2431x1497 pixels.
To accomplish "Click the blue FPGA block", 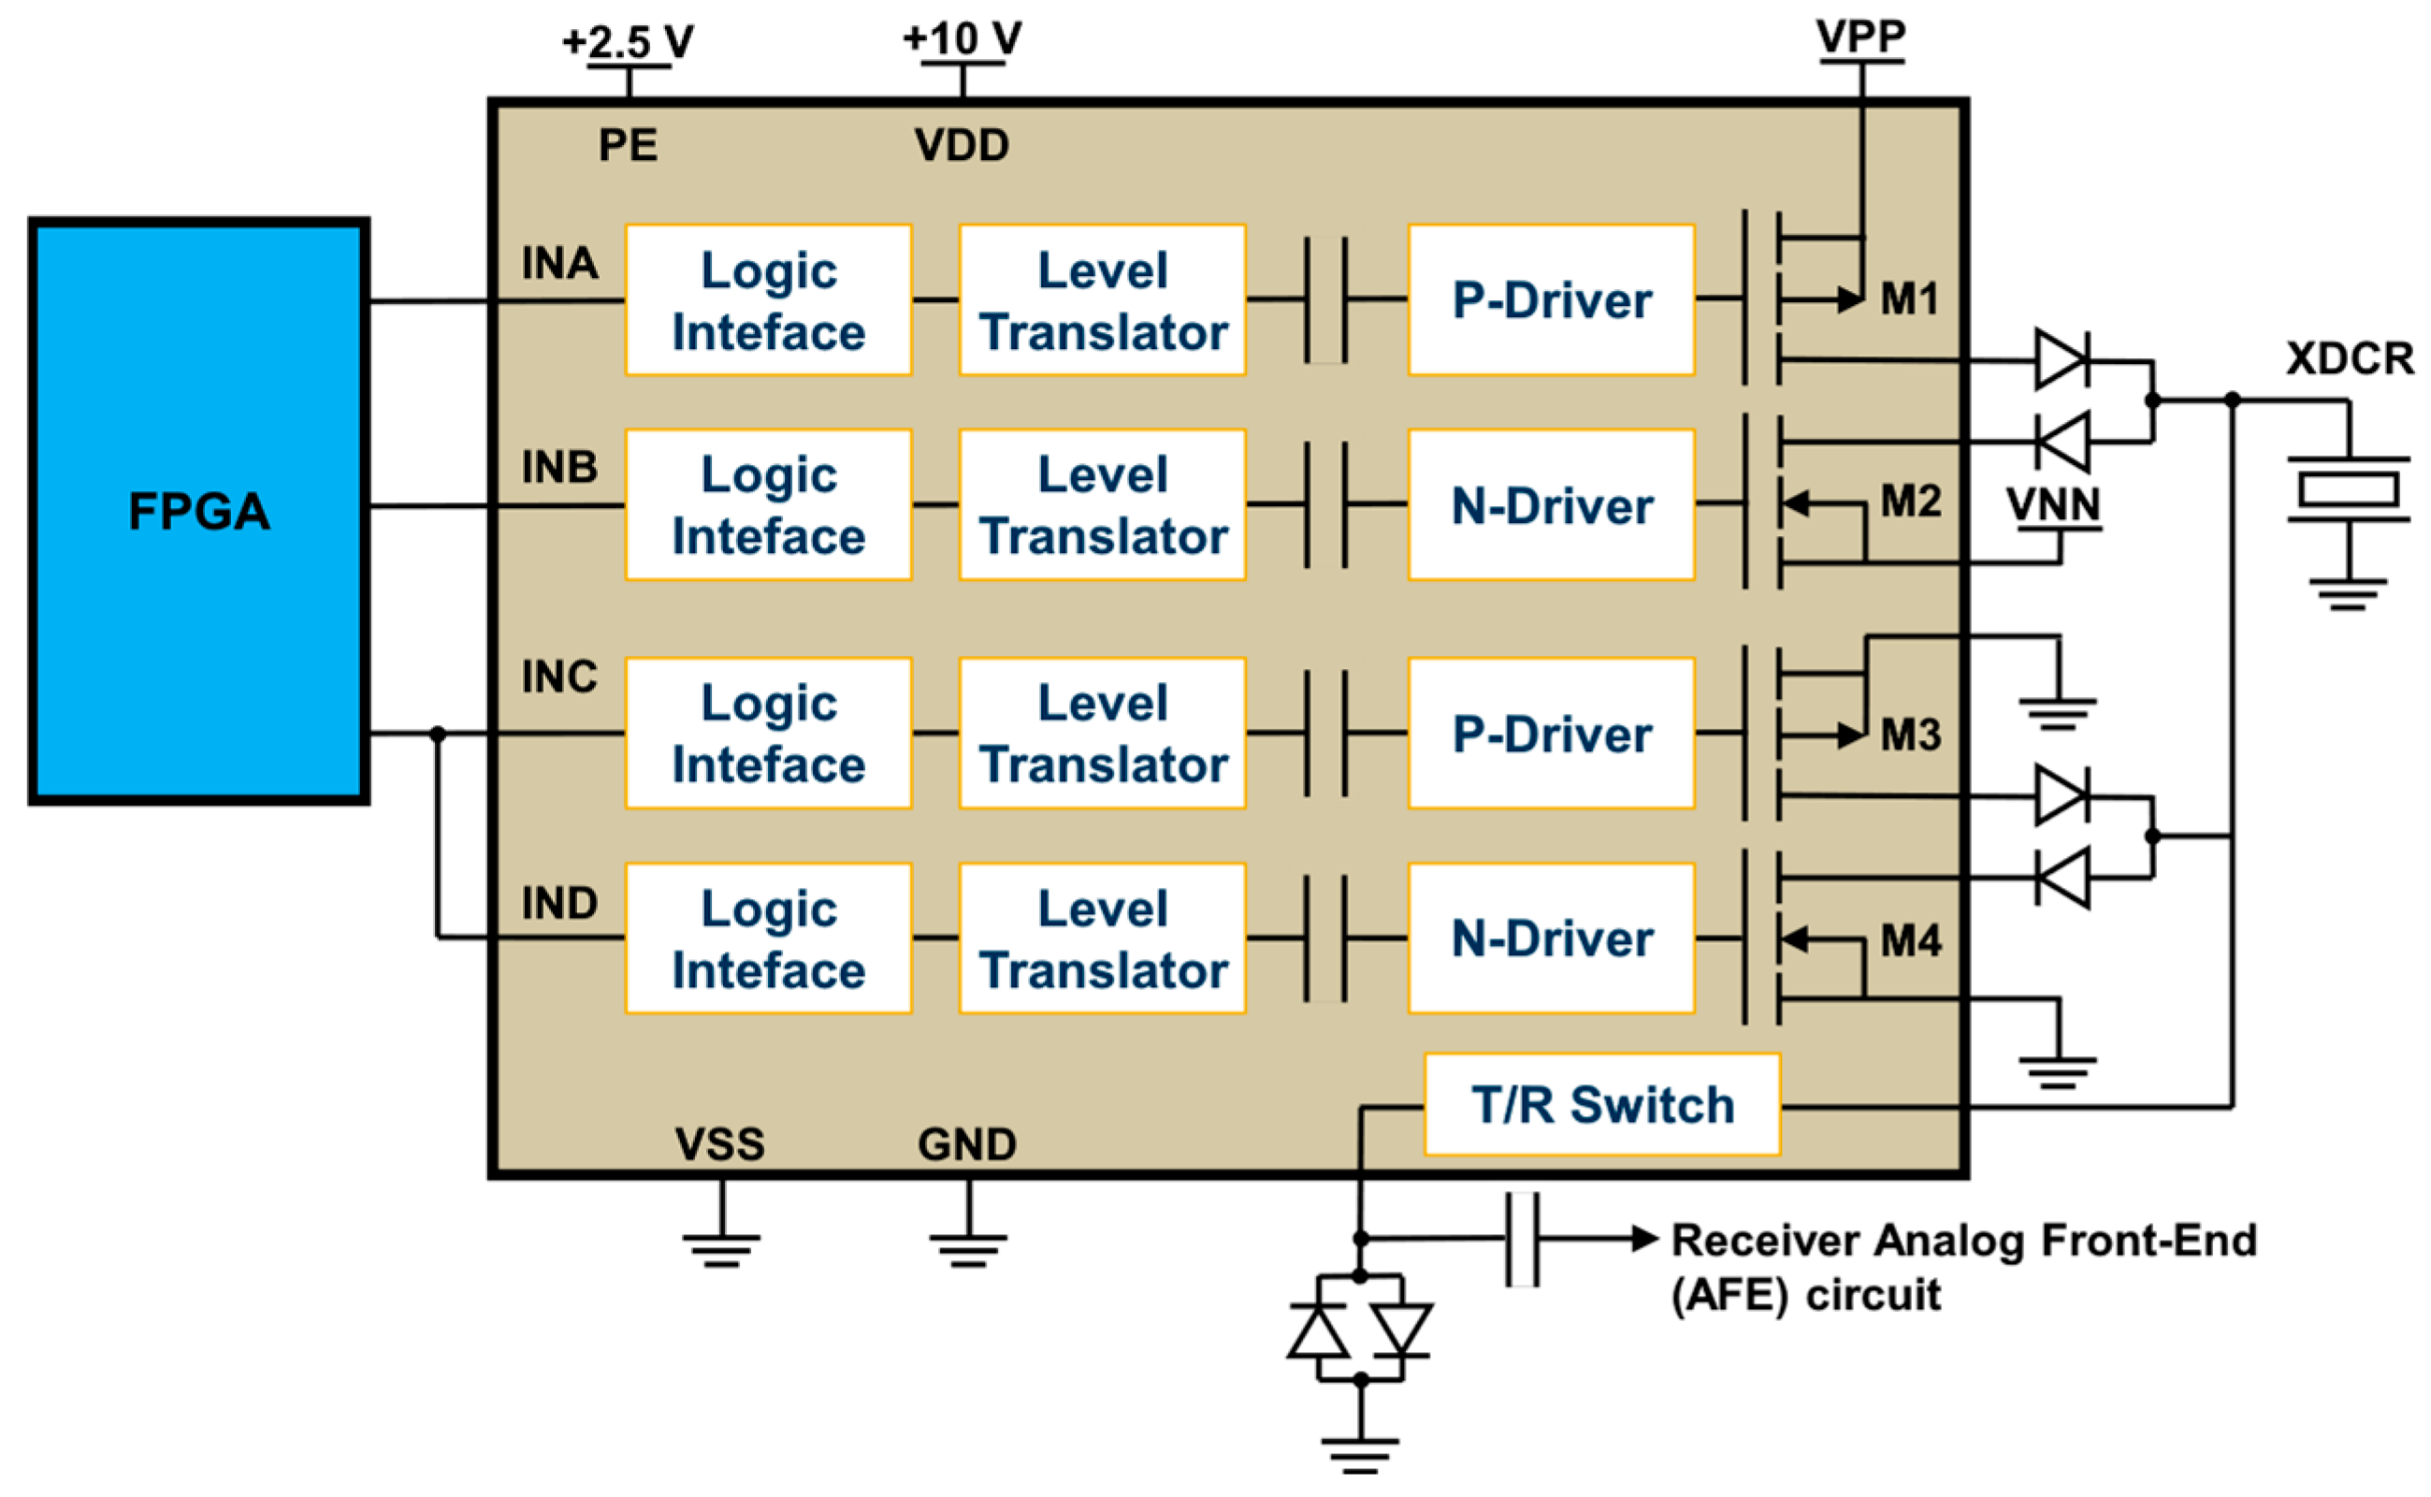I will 198,511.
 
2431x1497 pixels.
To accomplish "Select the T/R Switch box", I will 1600,1105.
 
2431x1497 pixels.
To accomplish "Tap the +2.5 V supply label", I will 628,41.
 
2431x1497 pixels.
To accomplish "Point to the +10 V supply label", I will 962,38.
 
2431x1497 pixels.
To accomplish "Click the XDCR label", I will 2348,358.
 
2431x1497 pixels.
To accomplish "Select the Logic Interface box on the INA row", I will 768,300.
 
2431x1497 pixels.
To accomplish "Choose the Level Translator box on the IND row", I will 1102,937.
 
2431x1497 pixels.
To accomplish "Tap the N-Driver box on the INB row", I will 1550,505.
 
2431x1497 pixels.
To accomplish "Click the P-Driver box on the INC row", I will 1550,734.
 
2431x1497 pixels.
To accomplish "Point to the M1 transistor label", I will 1908,299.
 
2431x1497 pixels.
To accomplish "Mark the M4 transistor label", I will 1909,939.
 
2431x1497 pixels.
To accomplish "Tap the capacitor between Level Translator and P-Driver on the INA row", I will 1325,300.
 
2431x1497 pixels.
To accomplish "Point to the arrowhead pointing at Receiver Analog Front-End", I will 1644,1238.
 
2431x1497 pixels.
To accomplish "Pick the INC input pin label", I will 559,677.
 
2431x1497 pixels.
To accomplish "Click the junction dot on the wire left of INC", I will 438,734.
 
